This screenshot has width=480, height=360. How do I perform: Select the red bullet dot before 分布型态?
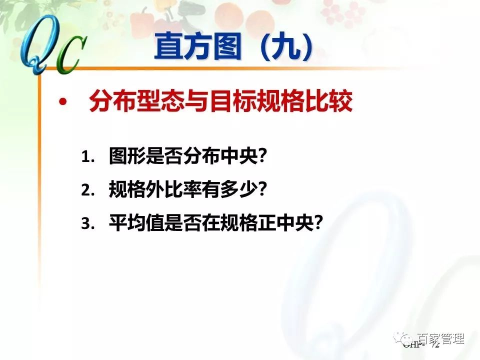tap(62, 103)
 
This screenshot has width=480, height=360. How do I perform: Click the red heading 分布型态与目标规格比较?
tap(220, 102)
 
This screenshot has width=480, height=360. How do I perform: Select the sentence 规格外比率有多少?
tap(188, 190)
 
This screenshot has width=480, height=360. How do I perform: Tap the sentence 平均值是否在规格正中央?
tap(214, 223)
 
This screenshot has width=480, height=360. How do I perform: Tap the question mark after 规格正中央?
tap(315, 224)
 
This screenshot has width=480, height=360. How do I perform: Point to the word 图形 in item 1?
tap(122, 157)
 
